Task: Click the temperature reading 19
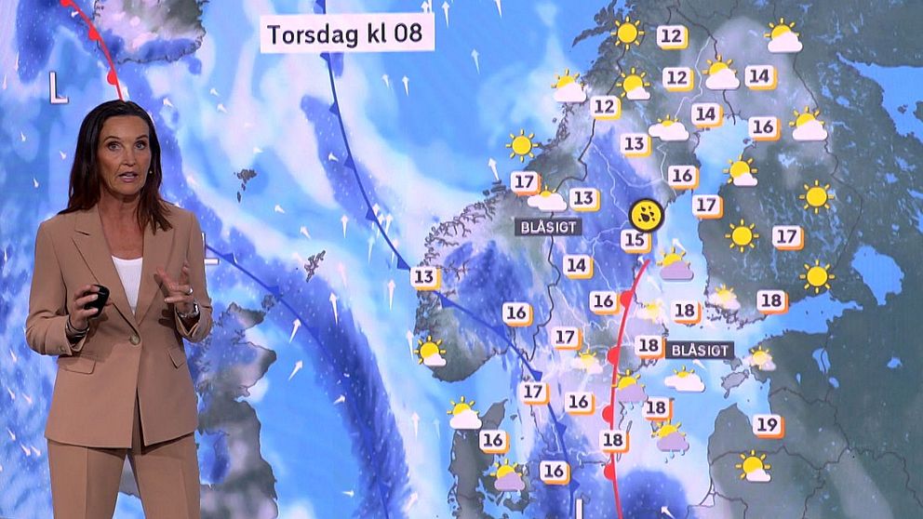[x=767, y=425]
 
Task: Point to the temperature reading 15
[x=635, y=241]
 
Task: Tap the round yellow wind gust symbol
[x=645, y=214]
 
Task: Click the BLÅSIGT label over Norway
[x=550, y=226]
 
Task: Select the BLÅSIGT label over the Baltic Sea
[x=700, y=351]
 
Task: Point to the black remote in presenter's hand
[x=97, y=298]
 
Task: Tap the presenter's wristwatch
[x=191, y=311]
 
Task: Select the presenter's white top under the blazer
[x=128, y=279]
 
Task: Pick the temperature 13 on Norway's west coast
[x=424, y=276]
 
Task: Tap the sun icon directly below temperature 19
[x=754, y=465]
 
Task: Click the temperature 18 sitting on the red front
[x=612, y=440]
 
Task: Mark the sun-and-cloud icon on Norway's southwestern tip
[x=431, y=352]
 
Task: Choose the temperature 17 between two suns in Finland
[x=787, y=236]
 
